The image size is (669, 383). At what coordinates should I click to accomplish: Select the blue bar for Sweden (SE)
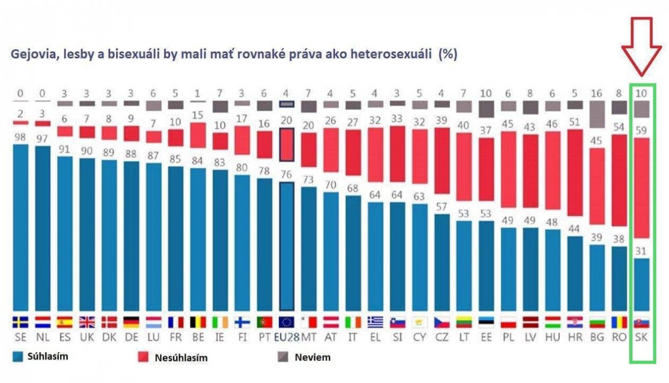coord(20,228)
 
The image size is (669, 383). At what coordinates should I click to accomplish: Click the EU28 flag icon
coord(287,322)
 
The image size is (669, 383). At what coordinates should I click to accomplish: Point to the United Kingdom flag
coord(87,322)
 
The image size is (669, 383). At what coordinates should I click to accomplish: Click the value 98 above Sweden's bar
coord(20,137)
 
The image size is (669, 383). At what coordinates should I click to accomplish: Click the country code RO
coord(620,338)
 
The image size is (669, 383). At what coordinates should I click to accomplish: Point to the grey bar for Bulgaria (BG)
coord(598,115)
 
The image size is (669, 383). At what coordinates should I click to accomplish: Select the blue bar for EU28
coord(287,246)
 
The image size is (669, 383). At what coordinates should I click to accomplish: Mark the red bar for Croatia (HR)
coord(575,179)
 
